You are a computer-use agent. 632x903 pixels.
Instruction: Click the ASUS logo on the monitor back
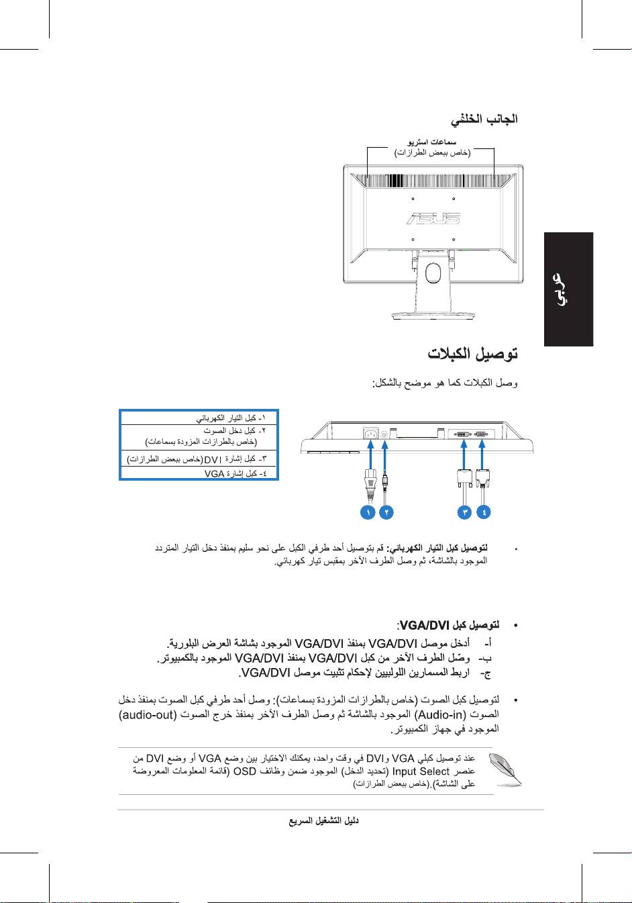(x=433, y=218)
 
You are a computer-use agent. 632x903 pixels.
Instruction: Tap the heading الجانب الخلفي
(x=484, y=120)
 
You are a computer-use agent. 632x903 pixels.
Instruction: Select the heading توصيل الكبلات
(x=473, y=354)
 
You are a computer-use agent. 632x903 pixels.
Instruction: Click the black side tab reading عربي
(x=568, y=289)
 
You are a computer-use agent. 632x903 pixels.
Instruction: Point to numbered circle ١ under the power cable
(x=367, y=512)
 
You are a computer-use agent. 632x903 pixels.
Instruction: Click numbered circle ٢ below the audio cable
(x=386, y=512)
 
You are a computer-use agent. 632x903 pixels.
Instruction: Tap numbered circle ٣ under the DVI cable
(x=464, y=512)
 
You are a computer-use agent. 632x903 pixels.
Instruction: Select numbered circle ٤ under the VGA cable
(x=483, y=512)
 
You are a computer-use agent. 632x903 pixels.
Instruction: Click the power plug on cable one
(x=368, y=478)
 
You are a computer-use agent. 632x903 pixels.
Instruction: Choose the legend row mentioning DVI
(x=199, y=459)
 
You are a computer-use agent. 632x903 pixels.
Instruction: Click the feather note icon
(x=506, y=770)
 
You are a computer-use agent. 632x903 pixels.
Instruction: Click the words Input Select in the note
(x=421, y=771)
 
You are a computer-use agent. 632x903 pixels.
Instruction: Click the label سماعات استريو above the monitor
(x=432, y=142)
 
